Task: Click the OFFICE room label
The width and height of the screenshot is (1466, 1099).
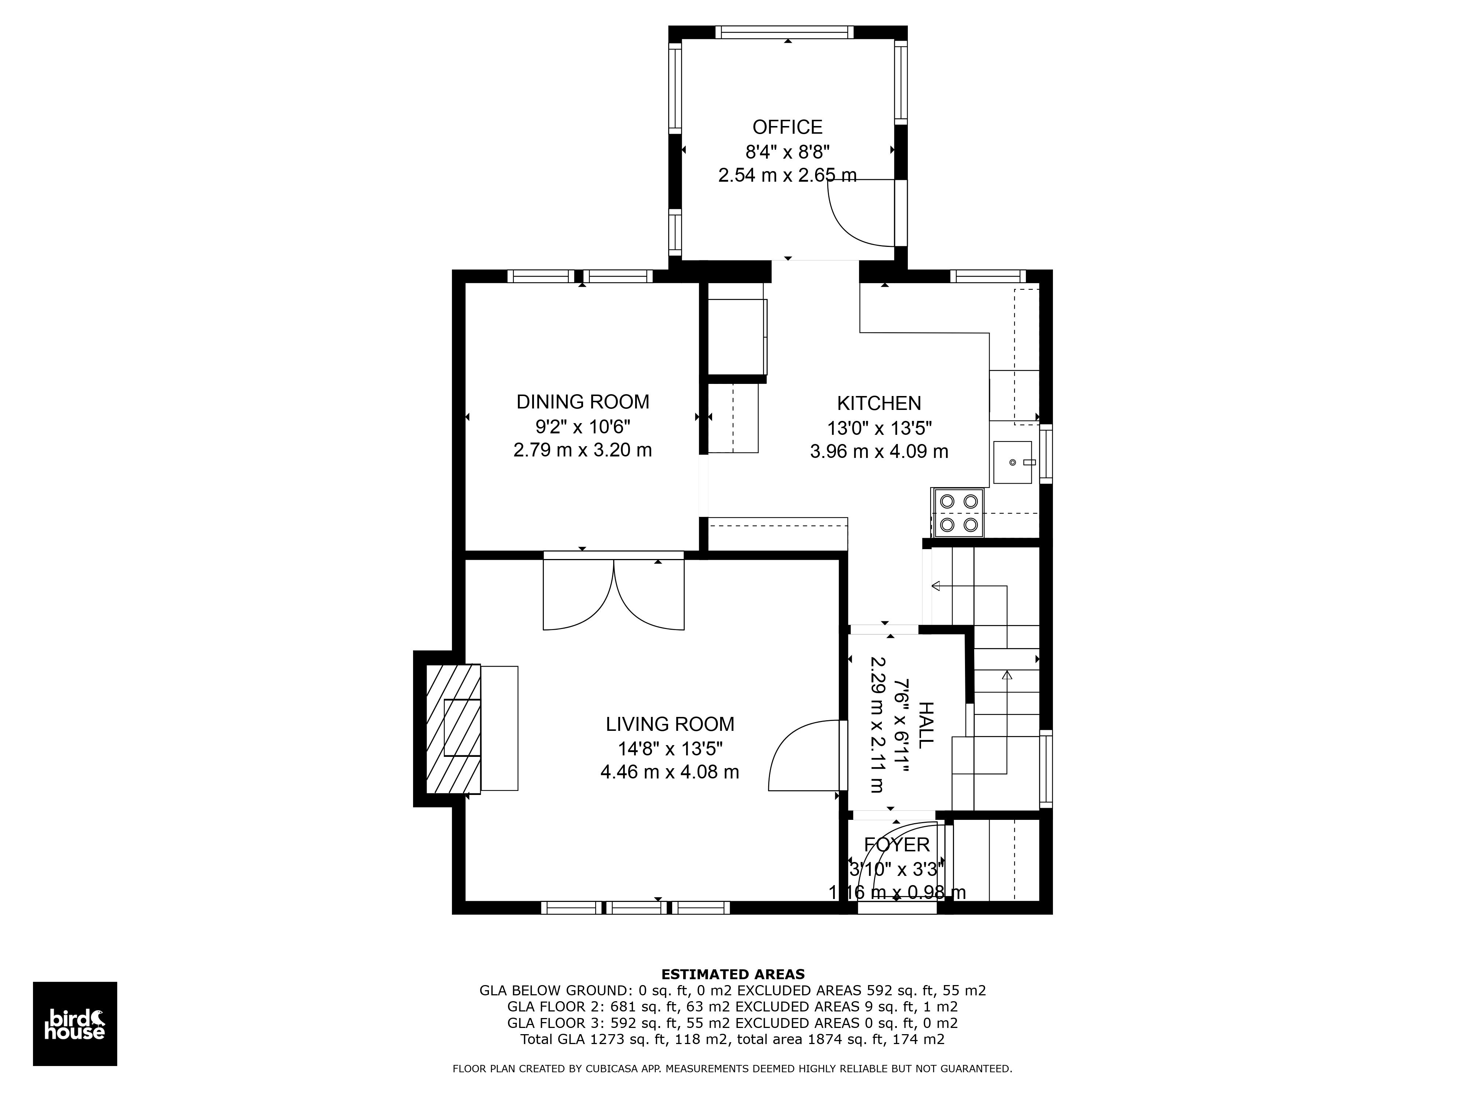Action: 787,127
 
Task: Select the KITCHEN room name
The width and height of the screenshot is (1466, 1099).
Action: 879,403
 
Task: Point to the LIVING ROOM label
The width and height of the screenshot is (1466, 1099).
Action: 670,724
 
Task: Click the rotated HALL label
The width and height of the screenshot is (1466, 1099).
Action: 925,725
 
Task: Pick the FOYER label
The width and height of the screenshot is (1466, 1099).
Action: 897,845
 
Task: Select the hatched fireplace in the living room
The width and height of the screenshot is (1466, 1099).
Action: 453,729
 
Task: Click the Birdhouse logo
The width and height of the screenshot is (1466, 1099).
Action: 75,1024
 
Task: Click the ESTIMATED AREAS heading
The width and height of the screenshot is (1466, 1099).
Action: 733,974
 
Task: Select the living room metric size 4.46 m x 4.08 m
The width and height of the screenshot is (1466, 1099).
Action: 670,772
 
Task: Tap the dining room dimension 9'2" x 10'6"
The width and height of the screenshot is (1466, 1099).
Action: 583,426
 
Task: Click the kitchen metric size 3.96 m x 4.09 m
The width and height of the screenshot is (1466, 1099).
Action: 879,452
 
